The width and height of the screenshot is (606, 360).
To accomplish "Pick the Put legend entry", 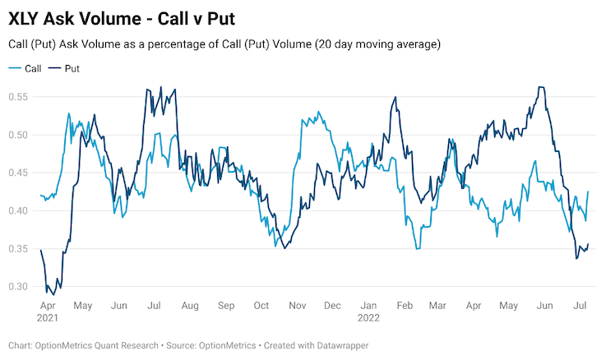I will coord(72,68).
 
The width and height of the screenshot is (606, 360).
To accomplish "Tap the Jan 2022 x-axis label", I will coord(370,312).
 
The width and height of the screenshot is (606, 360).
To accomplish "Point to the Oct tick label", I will coord(261,306).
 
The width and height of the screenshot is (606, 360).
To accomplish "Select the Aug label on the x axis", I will coord(190,306).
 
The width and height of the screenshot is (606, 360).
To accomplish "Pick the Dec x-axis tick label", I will coord(332,306).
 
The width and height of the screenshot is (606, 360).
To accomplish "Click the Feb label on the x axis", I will coord(404,306).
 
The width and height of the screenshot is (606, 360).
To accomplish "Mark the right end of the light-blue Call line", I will coord(588,192).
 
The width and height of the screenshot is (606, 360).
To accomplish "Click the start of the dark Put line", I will coord(40,250).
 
